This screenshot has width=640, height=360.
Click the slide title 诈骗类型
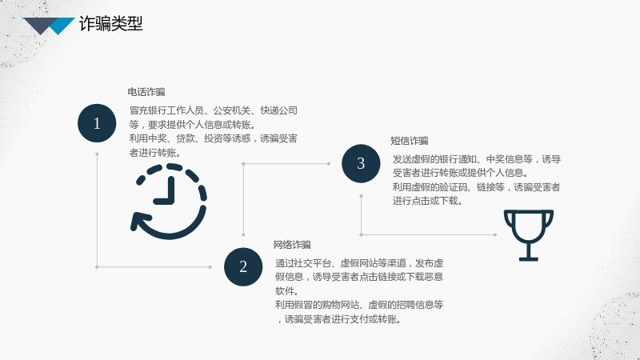111,24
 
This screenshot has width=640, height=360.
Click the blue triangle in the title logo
62,26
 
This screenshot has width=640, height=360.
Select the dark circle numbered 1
97,123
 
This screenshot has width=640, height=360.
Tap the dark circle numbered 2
243,266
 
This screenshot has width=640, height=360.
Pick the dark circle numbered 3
361,163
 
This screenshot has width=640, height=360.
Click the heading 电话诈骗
146,92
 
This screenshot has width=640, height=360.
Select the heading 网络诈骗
292,245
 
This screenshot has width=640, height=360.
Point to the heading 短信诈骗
410,141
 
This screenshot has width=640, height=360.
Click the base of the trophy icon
529,258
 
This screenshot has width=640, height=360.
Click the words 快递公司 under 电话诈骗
279,110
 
